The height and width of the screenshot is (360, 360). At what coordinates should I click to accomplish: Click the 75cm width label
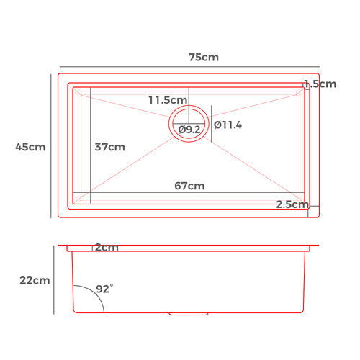[204, 58]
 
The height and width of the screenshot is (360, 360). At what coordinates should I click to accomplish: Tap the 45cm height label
[30, 147]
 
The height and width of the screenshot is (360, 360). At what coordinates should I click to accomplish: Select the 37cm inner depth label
[110, 147]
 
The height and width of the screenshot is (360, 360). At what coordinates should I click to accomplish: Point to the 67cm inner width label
[189, 186]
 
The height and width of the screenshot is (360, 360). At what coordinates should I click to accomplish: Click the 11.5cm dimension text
[168, 100]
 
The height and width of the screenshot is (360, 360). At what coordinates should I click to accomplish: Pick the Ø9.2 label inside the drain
[189, 130]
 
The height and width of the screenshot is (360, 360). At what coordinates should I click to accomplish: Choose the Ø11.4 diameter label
[228, 125]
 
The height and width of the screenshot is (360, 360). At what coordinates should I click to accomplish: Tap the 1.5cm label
[320, 84]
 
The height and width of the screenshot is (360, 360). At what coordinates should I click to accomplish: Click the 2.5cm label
[292, 204]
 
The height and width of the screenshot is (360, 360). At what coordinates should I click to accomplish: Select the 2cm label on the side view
[107, 248]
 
